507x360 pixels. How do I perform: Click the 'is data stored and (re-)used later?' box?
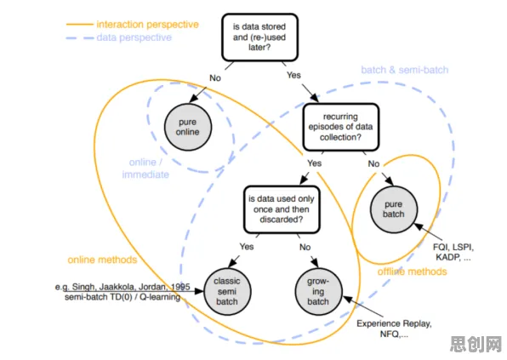pos(259,37)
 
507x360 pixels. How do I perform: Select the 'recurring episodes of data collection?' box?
pos(341,127)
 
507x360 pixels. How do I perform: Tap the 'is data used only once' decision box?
pos(282,209)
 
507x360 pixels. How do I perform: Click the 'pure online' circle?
pos(188,127)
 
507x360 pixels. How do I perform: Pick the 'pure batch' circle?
pos(394,209)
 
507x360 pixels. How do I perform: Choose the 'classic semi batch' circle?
pos(227,291)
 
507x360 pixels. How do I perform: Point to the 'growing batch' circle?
pos(318,291)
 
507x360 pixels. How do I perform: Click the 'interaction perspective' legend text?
pos(147,25)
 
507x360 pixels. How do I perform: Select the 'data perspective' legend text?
pos(134,37)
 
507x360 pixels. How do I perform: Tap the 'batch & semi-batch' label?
pos(405,70)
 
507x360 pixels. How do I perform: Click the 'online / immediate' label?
pos(145,169)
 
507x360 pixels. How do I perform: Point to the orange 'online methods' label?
pos(102,260)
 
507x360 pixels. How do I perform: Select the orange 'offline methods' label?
pos(413,271)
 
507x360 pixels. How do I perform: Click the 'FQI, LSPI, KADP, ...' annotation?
pos(453,252)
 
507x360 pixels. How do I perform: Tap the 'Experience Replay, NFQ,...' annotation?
pos(394,329)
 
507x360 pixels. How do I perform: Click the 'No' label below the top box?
pos(215,78)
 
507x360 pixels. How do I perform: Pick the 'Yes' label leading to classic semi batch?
pos(247,247)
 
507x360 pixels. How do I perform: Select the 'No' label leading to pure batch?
pos(373,163)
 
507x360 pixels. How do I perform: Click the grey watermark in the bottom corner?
pos(476,344)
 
